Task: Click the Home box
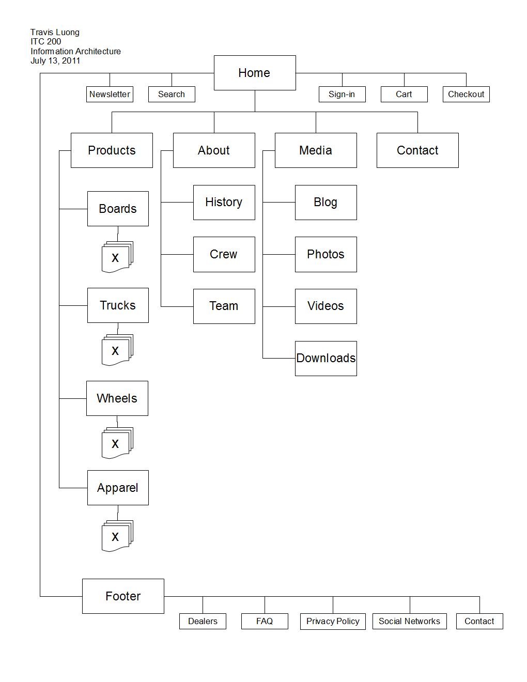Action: pyautogui.click(x=255, y=73)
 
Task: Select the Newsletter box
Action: pyautogui.click(x=110, y=94)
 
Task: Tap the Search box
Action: pyautogui.click(x=172, y=94)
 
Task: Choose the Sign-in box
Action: pyautogui.click(x=342, y=94)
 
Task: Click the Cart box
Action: pyautogui.click(x=404, y=94)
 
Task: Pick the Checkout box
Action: pyautogui.click(x=466, y=94)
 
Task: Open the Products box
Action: pyautogui.click(x=112, y=150)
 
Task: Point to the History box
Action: pyautogui.click(x=224, y=203)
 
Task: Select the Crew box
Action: pyautogui.click(x=224, y=255)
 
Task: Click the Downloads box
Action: pyautogui.click(x=326, y=359)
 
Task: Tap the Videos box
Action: pyautogui.click(x=326, y=306)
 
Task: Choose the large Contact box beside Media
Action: pyautogui.click(x=417, y=150)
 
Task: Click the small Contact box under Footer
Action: pyautogui.click(x=479, y=621)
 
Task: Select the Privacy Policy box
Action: pyautogui.click(x=333, y=621)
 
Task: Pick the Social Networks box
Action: pyautogui.click(x=410, y=621)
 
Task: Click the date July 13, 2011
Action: pyautogui.click(x=55, y=61)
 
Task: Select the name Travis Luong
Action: pyautogui.click(x=55, y=33)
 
